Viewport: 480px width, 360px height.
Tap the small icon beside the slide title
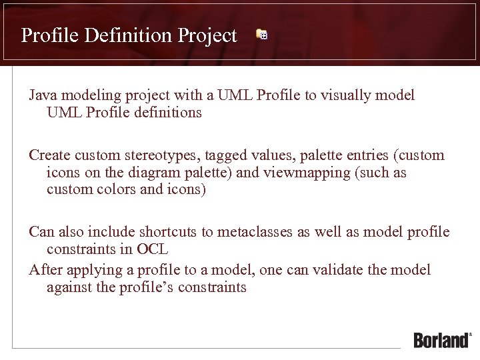point(262,35)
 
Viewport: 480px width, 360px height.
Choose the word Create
point(49,155)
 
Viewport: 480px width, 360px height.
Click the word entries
point(368,155)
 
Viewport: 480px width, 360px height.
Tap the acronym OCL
point(153,249)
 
